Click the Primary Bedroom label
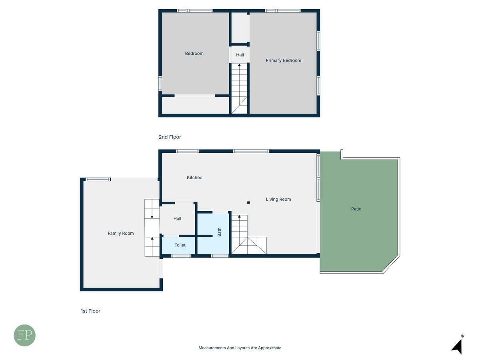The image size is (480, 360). point(283,60)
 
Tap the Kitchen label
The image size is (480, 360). point(194,178)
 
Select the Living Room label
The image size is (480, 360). point(278,199)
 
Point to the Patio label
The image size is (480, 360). point(356,209)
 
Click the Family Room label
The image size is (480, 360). point(121,233)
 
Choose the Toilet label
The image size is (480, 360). point(180,245)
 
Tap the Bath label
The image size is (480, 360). point(219,232)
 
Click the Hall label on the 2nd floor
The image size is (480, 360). point(240,55)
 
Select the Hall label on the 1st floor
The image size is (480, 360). point(177,219)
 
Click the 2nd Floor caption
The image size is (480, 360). point(170,137)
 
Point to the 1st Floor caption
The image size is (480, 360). point(90,311)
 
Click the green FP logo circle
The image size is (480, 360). point(24,335)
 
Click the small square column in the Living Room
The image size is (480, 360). point(248,203)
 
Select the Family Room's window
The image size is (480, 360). point(98,180)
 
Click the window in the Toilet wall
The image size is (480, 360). point(181,256)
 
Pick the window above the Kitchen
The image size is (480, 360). point(188,151)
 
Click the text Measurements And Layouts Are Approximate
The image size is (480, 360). point(240,348)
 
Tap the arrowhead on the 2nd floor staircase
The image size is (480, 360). point(239,65)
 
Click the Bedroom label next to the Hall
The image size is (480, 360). point(194,53)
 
